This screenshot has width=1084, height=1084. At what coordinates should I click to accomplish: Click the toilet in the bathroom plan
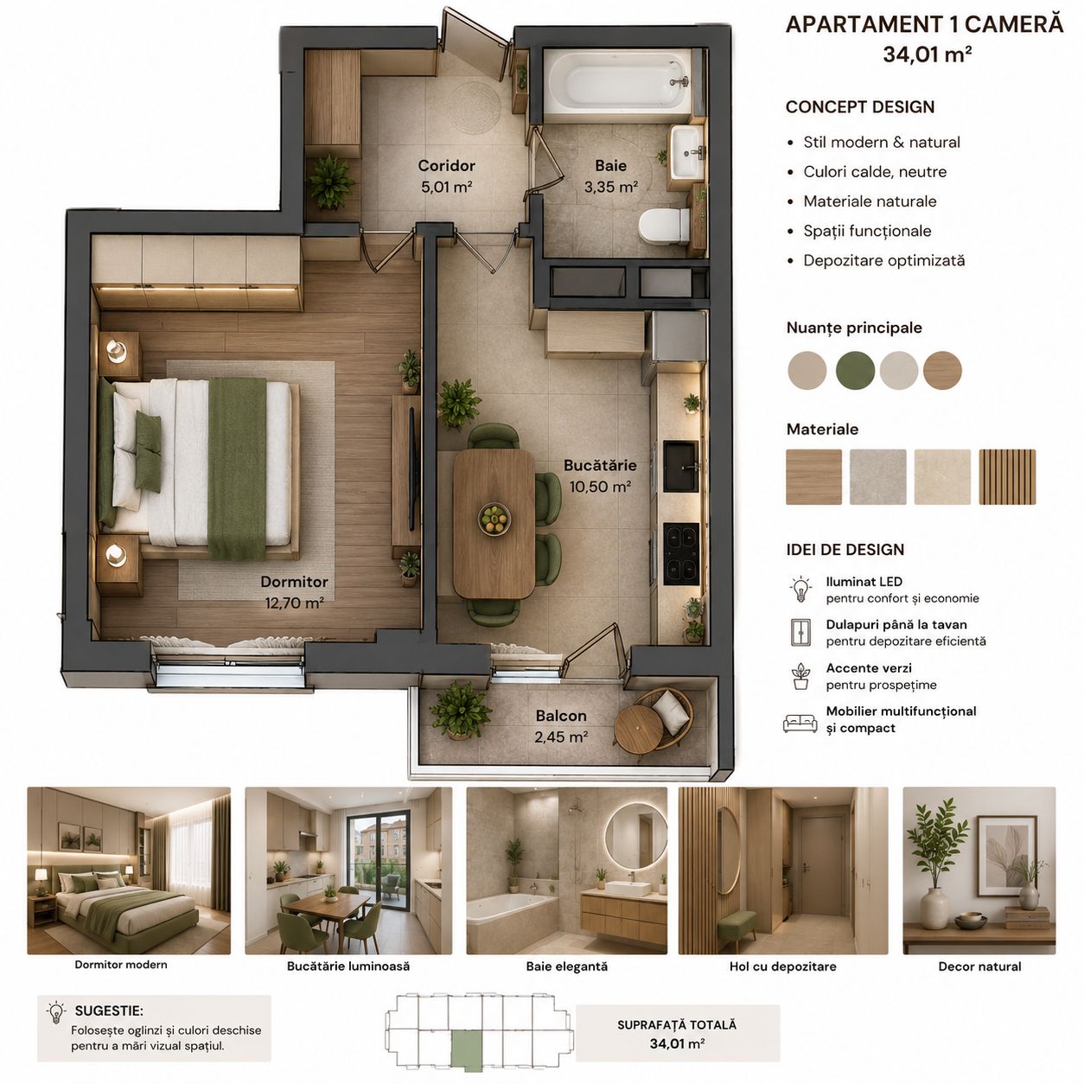(664, 226)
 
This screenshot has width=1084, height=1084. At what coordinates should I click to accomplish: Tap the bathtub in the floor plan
(618, 85)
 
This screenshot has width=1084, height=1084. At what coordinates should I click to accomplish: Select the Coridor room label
(447, 165)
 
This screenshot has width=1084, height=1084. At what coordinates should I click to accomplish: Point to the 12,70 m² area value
(294, 603)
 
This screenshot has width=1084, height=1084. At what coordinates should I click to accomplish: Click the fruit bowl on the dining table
(494, 519)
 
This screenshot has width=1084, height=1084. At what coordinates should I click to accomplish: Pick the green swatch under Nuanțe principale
(855, 370)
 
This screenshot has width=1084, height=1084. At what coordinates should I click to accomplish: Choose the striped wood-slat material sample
(1007, 476)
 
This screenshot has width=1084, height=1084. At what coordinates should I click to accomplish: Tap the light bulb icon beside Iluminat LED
(800, 589)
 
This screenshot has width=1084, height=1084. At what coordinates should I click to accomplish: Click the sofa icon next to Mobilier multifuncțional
(800, 723)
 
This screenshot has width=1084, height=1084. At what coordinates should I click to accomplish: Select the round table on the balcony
(639, 729)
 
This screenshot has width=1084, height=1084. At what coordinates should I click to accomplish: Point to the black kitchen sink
(681, 466)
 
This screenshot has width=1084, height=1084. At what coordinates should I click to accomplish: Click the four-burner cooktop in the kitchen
(681, 554)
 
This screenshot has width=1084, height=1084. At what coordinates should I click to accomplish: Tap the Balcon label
(561, 716)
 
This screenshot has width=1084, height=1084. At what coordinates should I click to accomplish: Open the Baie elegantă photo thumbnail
(566, 870)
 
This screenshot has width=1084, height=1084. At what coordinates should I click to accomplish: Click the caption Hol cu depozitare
(782, 966)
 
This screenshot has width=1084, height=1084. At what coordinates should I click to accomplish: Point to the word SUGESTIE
(109, 1011)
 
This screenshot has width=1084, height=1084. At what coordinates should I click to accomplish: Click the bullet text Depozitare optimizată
(883, 260)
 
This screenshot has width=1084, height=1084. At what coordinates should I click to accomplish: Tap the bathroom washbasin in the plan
(686, 151)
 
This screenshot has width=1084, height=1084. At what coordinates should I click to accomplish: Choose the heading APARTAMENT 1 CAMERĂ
(924, 25)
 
